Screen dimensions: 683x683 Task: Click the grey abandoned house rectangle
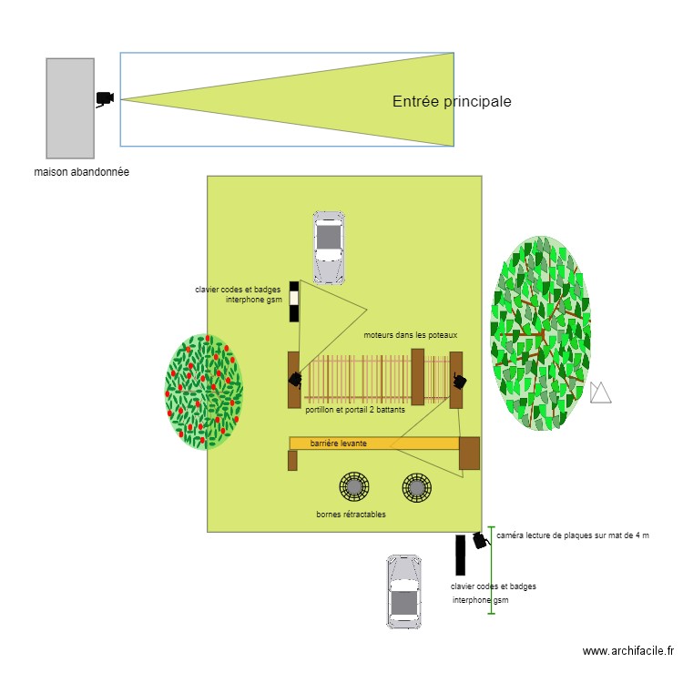pos(70,108)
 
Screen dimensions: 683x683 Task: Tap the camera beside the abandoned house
pos(104,99)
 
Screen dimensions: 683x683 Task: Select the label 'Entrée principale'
pos(452,102)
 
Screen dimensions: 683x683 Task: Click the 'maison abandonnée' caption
pos(81,172)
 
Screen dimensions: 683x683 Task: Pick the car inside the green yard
pos(328,247)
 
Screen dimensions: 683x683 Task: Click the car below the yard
pos(403,591)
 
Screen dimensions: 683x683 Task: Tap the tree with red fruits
pos(204,392)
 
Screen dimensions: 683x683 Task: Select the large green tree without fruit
pos(540,333)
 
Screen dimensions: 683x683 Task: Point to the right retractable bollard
pos(416,487)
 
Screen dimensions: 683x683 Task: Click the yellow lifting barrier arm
pos(373,443)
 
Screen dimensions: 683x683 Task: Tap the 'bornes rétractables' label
pos(351,515)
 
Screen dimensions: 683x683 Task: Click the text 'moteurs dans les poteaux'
pos(410,335)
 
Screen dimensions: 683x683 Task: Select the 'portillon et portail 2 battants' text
pos(355,410)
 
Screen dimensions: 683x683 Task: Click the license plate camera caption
pos(573,535)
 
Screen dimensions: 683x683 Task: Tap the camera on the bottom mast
pos(480,540)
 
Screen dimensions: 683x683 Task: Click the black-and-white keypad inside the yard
pos(294,301)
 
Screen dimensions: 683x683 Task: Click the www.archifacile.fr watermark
pos(628,651)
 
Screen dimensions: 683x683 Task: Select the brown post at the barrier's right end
pos(469,453)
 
